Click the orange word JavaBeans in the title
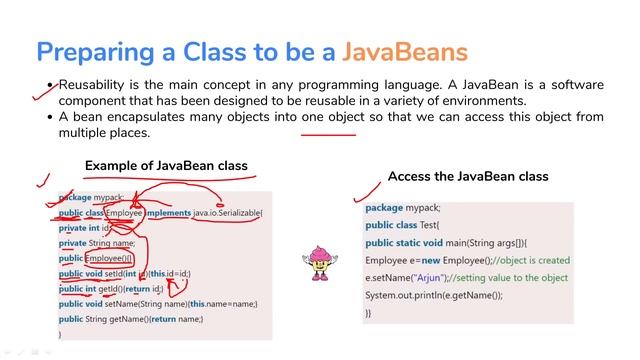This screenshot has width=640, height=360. tap(405, 51)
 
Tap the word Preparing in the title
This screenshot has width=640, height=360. tap(91, 51)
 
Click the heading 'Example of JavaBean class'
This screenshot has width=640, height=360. tap(166, 165)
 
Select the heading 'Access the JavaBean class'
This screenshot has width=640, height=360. tap(468, 176)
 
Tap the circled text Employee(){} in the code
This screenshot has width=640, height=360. tap(116, 258)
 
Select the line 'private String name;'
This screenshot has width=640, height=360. tap(97, 242)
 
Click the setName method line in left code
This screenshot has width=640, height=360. tap(158, 303)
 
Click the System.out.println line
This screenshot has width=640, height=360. tap(433, 295)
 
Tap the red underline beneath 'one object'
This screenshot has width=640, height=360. tap(328, 133)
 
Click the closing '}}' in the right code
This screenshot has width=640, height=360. tap(368, 313)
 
